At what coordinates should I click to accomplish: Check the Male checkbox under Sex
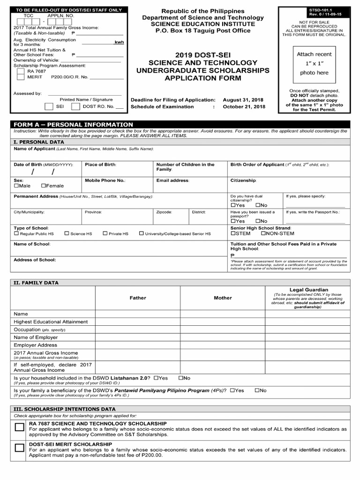pyautogui.click(x=16, y=186)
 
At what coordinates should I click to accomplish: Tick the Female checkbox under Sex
pyautogui.click(x=44, y=186)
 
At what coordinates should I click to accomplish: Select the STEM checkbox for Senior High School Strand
pyautogui.click(x=233, y=233)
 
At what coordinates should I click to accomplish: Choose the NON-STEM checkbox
pyautogui.click(x=263, y=233)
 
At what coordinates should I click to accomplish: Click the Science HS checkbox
pyautogui.click(x=67, y=233)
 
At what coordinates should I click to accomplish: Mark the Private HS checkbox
pyautogui.click(x=105, y=233)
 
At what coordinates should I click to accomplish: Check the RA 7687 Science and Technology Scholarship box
pyautogui.click(x=19, y=427)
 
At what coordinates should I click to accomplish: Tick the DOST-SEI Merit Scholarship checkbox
pyautogui.click(x=19, y=448)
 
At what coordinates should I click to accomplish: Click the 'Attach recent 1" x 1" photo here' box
pyautogui.click(x=314, y=64)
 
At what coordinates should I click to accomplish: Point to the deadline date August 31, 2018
pyautogui.click(x=243, y=100)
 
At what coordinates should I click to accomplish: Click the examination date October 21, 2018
pyautogui.click(x=244, y=107)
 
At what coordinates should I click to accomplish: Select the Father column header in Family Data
pyautogui.click(x=138, y=298)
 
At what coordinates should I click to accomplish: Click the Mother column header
pyautogui.click(x=223, y=298)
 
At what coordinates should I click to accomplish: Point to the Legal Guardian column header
pyautogui.click(x=308, y=290)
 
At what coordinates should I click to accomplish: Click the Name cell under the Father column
pyautogui.click(x=138, y=314)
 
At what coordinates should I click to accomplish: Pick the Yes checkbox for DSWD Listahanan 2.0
pyautogui.click(x=156, y=378)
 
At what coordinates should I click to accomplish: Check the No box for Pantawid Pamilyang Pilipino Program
pyautogui.click(x=257, y=390)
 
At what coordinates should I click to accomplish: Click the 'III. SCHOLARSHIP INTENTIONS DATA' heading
pyautogui.click(x=65, y=409)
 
